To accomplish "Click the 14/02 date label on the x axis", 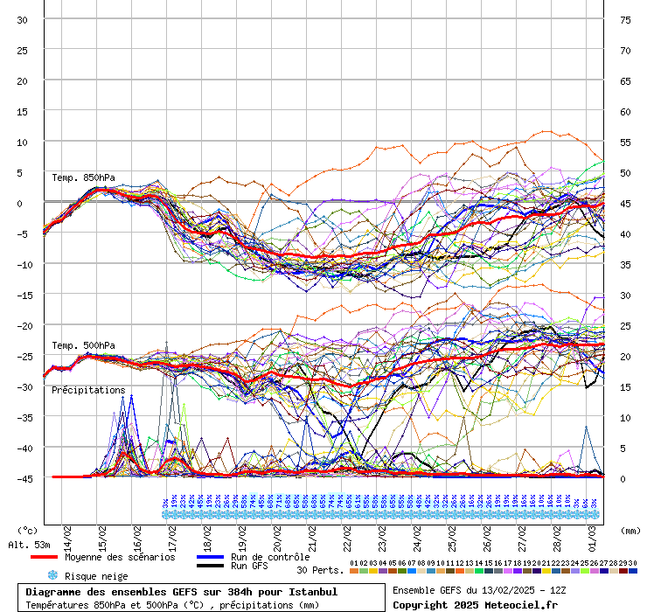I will pos(68,533).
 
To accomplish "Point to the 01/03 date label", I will pos(593,533).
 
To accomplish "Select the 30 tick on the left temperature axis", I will pos(22,20).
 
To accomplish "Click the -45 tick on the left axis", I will pos(22,478).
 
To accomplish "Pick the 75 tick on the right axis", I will pos(625,20).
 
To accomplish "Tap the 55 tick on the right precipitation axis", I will pos(625,143).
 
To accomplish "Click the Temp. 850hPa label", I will pos(83,178).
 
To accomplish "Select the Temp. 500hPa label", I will pos(83,346).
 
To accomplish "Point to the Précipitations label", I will pos(88,390).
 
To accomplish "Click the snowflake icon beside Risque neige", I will pos(52,575).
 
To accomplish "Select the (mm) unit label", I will pos(630,531).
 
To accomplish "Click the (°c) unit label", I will pos(28,531).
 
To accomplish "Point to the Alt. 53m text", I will pos(29,545).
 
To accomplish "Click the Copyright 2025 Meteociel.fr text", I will pos(475,604).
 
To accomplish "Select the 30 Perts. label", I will pos(319,570).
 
